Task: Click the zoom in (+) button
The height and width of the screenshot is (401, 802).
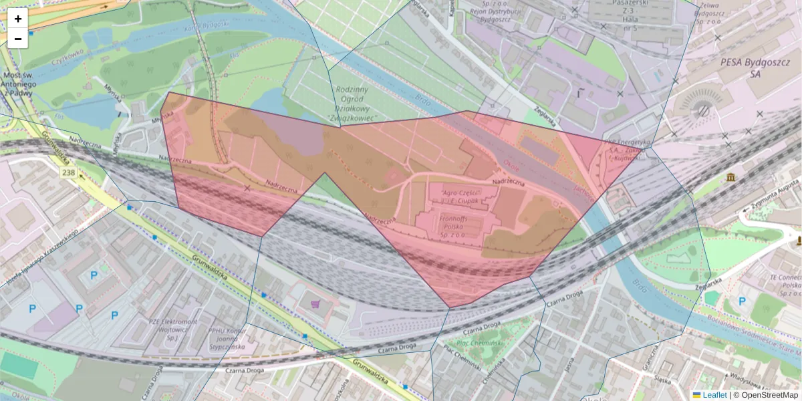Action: [18, 18]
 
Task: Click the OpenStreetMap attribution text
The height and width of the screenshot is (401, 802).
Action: [765, 395]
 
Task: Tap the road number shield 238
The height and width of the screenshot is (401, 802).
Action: [68, 173]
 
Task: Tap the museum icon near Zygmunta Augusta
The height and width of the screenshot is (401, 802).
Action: [731, 177]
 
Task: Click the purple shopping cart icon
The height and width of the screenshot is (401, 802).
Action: [316, 304]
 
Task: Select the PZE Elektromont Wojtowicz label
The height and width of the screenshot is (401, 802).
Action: [172, 328]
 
